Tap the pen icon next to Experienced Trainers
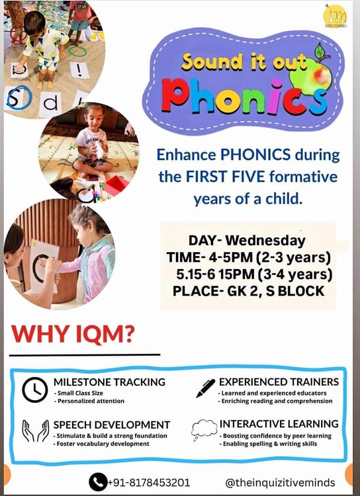[206, 388]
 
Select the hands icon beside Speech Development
[34, 431]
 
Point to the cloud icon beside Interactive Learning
[204, 429]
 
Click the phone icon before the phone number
[97, 481]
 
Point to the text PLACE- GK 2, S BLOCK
[247, 290]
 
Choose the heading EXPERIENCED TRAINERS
[279, 382]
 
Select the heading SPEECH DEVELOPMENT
[112, 424]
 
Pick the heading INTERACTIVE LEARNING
[279, 423]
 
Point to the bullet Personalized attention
[91, 401]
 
